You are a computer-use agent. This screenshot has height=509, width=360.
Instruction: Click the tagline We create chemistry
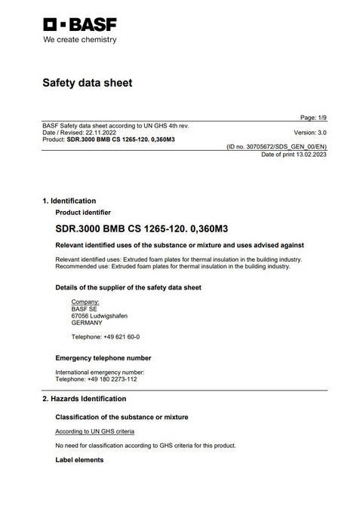click(x=80, y=39)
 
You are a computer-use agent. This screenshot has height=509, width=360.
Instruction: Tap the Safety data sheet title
click(x=87, y=83)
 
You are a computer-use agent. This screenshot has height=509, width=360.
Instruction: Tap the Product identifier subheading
click(x=83, y=213)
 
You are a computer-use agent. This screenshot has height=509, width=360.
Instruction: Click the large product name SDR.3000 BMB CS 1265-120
click(x=137, y=228)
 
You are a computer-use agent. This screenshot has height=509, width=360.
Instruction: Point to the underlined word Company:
click(x=85, y=302)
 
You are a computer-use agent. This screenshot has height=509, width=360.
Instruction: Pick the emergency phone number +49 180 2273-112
click(x=112, y=379)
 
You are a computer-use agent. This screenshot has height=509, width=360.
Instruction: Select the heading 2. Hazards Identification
click(x=84, y=399)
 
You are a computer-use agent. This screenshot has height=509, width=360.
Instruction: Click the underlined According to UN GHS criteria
click(x=94, y=431)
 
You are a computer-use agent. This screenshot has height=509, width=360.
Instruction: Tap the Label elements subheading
click(x=79, y=460)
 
